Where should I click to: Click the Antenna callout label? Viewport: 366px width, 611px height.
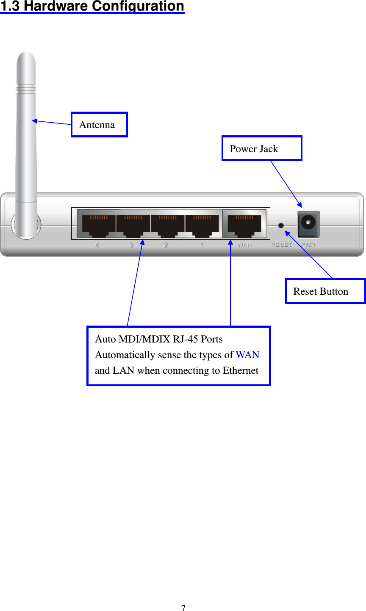pyautogui.click(x=97, y=125)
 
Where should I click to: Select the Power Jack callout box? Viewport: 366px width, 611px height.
pyautogui.click(x=261, y=148)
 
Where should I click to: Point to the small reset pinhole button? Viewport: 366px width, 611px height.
pyautogui.click(x=281, y=225)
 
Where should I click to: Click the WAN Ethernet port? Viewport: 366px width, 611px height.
pyautogui.click(x=244, y=224)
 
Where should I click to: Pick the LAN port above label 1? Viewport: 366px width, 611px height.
pyautogui.click(x=202, y=224)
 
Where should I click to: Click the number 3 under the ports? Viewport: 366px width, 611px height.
pyautogui.click(x=132, y=245)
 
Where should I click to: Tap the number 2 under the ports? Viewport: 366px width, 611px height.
pyautogui.click(x=166, y=245)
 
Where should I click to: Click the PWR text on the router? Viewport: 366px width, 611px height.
pyautogui.click(x=308, y=244)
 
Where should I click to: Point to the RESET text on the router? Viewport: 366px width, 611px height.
pyautogui.click(x=282, y=244)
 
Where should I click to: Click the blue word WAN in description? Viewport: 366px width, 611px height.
pyautogui.click(x=247, y=355)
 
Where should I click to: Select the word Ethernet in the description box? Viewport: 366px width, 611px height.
pyautogui.click(x=240, y=370)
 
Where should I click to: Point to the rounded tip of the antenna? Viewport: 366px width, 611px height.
pyautogui.click(x=26, y=57)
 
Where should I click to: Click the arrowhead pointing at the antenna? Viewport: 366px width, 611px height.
pyautogui.click(x=35, y=121)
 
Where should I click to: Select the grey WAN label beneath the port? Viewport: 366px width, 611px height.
pyautogui.click(x=244, y=245)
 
